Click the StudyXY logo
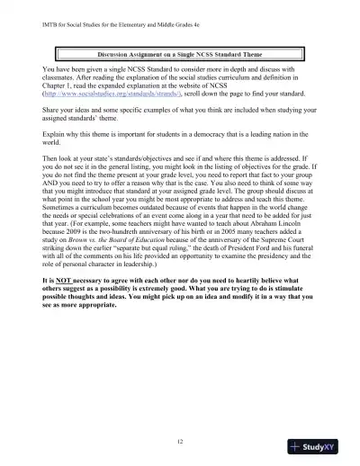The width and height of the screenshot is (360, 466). [x=320, y=446]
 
